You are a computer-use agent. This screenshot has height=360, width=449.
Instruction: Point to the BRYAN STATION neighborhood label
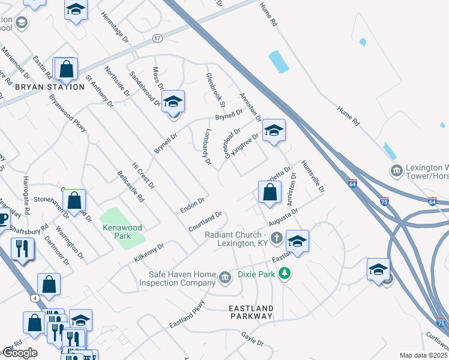click(49, 87)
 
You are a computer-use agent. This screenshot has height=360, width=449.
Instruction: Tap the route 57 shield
click(157, 38)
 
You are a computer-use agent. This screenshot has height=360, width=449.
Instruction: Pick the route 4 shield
click(36, 298)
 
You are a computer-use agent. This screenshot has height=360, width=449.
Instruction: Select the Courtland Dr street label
click(205, 222)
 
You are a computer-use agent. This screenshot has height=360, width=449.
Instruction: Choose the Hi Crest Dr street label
click(143, 175)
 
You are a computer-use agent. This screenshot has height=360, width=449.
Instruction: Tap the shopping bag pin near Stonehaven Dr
click(74, 202)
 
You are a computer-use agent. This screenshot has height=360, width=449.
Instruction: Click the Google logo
click(19, 353)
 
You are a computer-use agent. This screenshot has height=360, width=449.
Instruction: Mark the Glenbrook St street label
click(215, 91)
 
